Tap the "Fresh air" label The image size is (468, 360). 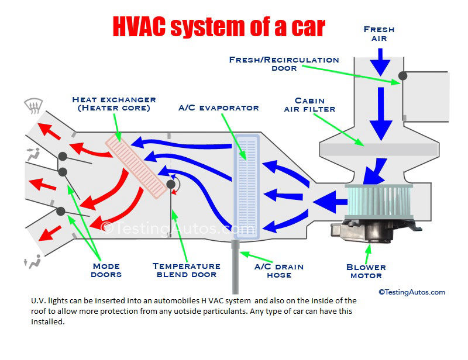tap(378, 33)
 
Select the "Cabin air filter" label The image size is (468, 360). tap(309, 105)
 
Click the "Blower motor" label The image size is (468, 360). tap(366, 271)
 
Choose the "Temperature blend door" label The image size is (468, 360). tap(186, 270)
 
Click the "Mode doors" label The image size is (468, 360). tap(106, 270)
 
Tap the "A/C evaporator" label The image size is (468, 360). tap(219, 108)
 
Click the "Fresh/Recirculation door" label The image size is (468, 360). tap(284, 64)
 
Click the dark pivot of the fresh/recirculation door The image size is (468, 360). tap(403, 75)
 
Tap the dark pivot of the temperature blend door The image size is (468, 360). tap(171, 185)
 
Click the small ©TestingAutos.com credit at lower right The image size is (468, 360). tap(411, 292)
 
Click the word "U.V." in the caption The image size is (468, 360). tap(40, 301)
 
